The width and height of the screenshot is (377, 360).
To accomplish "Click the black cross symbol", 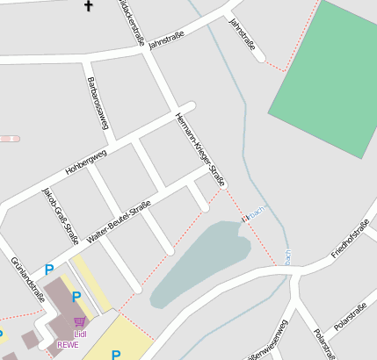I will click(x=88, y=7).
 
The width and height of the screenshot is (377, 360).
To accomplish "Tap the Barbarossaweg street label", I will click(x=97, y=104).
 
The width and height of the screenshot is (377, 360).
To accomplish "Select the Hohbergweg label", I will click(x=86, y=160).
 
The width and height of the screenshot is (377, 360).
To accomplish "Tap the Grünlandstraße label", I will click(x=28, y=278).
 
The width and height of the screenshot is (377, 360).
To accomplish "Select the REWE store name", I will click(x=68, y=344).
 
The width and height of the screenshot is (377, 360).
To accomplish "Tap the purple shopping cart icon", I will click(x=80, y=322).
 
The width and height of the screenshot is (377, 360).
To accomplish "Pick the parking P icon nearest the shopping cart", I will click(x=76, y=297).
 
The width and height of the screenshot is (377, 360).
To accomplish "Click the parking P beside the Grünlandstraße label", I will click(x=49, y=270).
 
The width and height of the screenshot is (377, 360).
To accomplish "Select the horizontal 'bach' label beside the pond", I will click(x=256, y=216).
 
